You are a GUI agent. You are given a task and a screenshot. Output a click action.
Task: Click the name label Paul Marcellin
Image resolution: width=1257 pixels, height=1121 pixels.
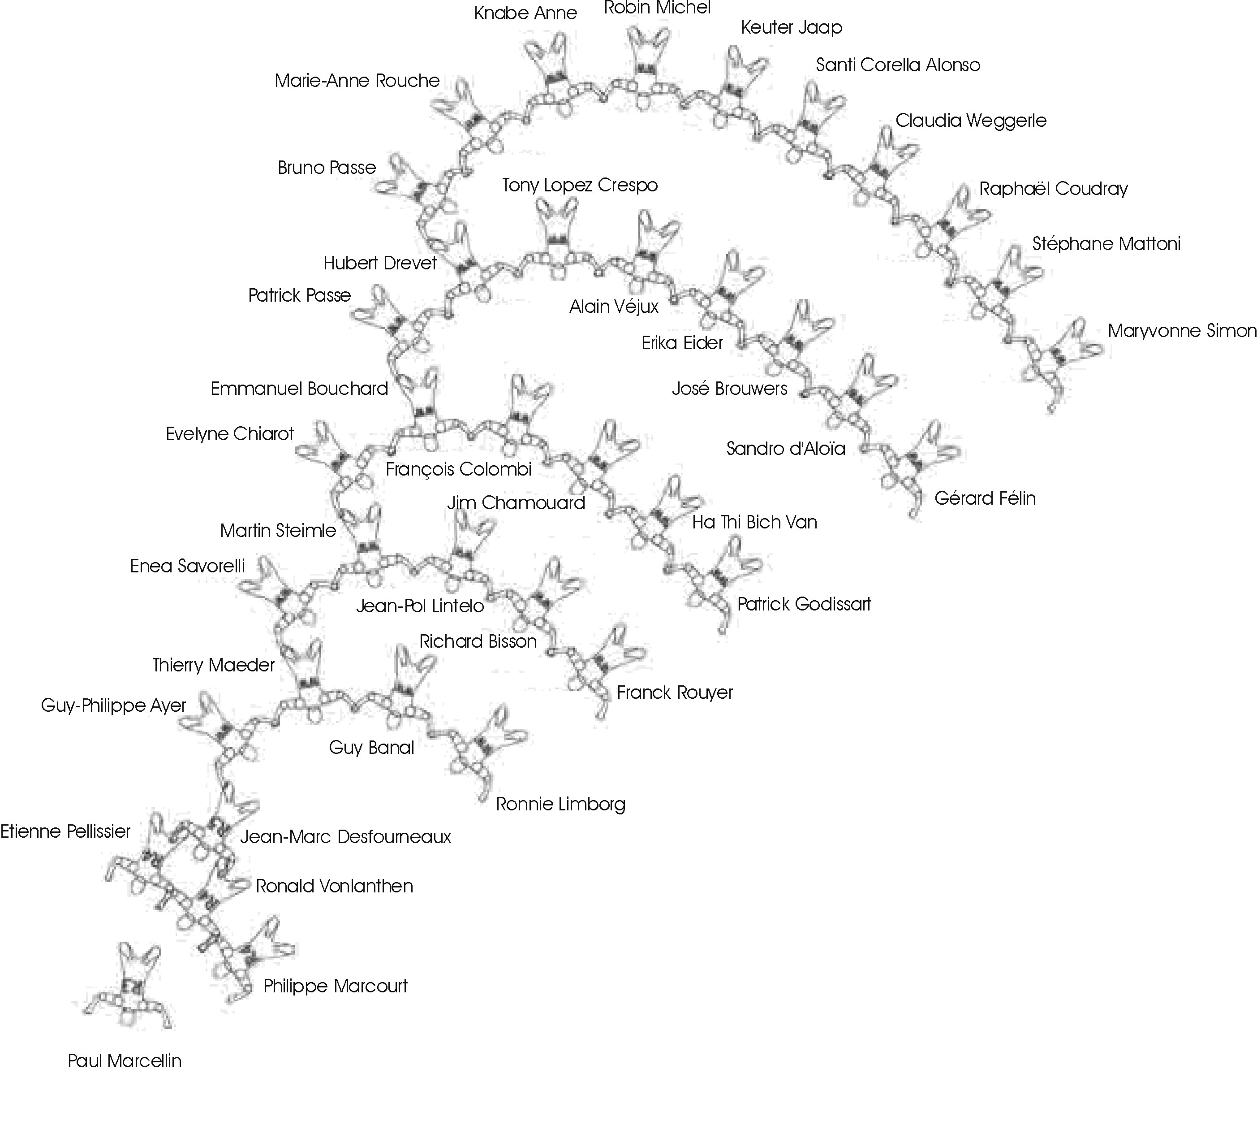pos(125,1060)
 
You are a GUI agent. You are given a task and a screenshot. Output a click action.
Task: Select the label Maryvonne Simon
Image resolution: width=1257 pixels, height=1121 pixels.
pos(1182,331)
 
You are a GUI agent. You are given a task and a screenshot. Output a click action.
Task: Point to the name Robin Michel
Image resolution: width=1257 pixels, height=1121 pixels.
pos(657,8)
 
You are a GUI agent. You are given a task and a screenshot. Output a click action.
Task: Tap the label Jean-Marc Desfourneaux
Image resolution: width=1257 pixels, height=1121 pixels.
pos(345,836)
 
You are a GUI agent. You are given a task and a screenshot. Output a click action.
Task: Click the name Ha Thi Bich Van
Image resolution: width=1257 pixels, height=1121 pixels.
pos(755,522)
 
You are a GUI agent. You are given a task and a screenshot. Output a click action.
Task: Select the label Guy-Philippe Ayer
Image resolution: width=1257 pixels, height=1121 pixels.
pos(113,705)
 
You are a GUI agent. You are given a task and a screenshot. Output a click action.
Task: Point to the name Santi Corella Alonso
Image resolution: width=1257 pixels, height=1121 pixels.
pos(898,65)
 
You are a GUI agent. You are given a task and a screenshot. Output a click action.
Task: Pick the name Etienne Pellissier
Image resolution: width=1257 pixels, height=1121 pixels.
pos(65,831)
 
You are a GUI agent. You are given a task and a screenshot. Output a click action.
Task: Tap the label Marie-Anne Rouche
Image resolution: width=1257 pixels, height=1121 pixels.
pos(357,81)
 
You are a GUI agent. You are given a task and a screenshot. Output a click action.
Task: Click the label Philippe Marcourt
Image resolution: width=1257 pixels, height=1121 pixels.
pos(336,986)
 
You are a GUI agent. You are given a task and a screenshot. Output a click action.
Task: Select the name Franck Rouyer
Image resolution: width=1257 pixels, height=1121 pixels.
pos(675,693)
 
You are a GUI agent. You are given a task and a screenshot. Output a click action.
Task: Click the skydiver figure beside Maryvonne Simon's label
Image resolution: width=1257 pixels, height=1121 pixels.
pos(1059,360)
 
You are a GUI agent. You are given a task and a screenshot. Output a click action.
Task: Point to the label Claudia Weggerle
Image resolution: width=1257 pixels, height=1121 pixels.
pos(971,120)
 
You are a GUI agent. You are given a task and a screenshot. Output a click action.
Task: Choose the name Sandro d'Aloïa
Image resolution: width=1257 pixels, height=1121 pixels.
pos(785,448)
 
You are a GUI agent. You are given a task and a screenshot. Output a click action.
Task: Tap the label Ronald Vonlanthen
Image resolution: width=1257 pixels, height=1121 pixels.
pos(334,886)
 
